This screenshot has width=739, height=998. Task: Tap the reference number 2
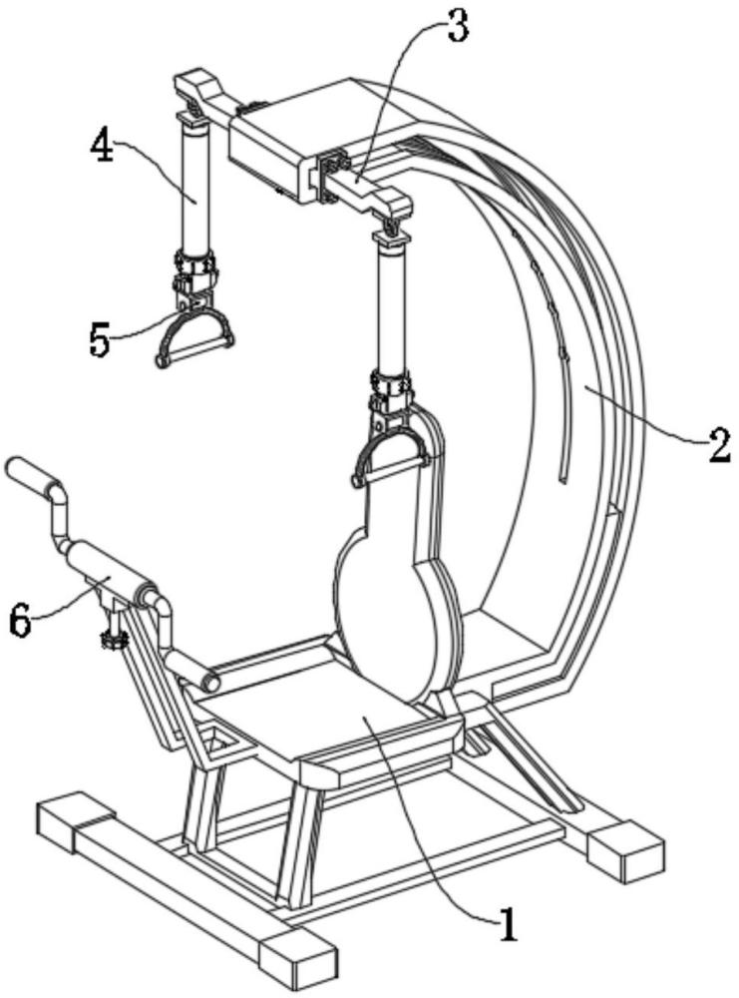click(x=719, y=444)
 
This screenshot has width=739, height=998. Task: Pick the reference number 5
click(x=100, y=340)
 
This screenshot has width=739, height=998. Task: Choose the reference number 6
click(x=21, y=620)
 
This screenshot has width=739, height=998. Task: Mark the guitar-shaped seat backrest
click(x=399, y=589)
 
